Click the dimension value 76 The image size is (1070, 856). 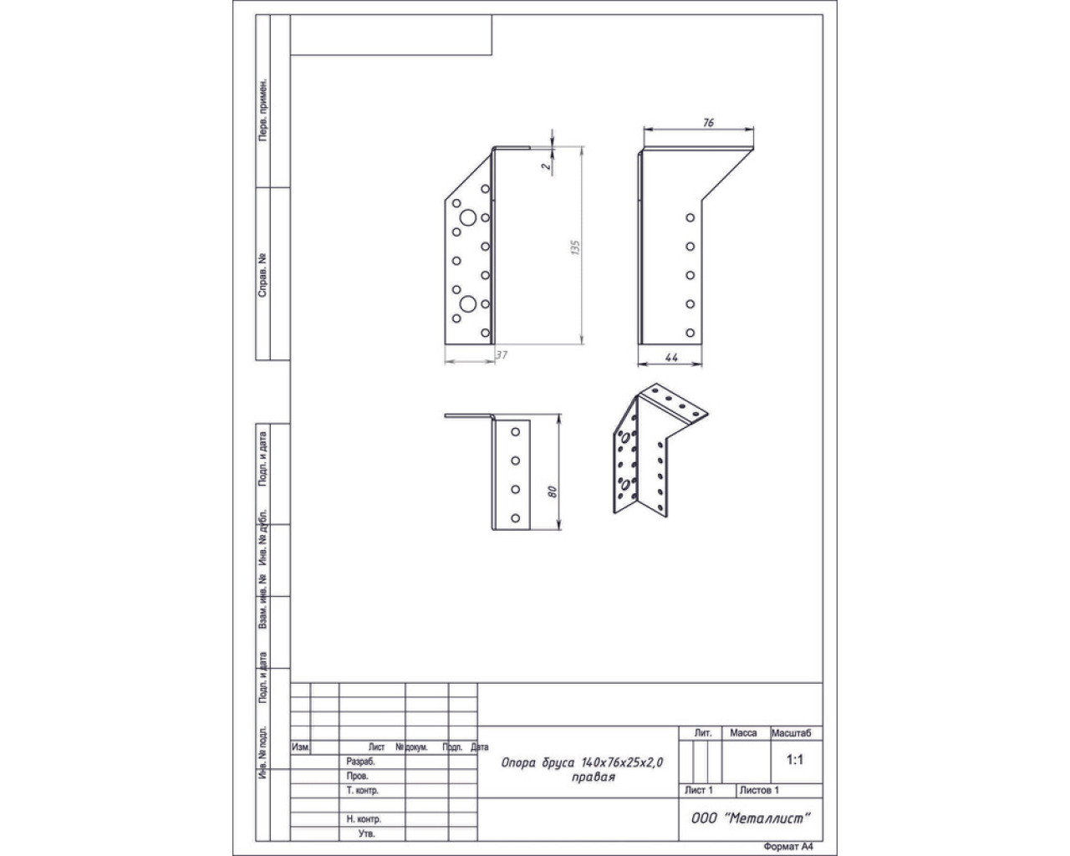pyautogui.click(x=709, y=122)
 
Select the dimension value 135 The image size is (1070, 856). pyautogui.click(x=576, y=247)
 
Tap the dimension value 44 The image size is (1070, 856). pyautogui.click(x=671, y=357)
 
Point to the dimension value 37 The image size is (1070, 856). pyautogui.click(x=502, y=355)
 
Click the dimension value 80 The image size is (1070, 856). pyautogui.click(x=552, y=492)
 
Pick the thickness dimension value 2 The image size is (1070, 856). pyautogui.click(x=547, y=166)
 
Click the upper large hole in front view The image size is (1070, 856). pyautogui.click(x=468, y=217)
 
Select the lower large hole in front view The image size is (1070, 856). pyautogui.click(x=468, y=303)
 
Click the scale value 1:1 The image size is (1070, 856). pyautogui.click(x=794, y=760)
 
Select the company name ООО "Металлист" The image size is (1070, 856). pyautogui.click(x=751, y=818)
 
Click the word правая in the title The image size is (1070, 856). pyautogui.click(x=594, y=777)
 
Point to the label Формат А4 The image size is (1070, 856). pyautogui.click(x=788, y=847)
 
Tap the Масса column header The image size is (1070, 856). pyautogui.click(x=743, y=733)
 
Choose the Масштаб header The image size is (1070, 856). pyautogui.click(x=791, y=733)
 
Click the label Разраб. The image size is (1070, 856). pyautogui.click(x=360, y=762)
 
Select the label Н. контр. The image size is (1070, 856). pyautogui.click(x=364, y=818)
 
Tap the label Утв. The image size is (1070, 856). pyautogui.click(x=366, y=833)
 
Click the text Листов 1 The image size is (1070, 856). pyautogui.click(x=759, y=790)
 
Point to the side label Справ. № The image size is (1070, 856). pyautogui.click(x=262, y=276)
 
